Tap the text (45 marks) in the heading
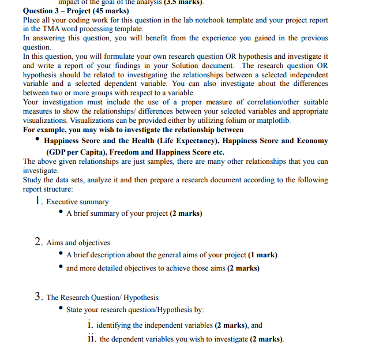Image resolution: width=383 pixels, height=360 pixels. click(113, 11)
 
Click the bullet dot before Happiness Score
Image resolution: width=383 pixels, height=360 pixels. click(37, 140)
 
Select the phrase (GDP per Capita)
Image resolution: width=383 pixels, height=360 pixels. click(78, 152)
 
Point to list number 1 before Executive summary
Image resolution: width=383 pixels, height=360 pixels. click(38, 201)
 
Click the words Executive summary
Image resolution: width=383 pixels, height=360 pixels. click(77, 202)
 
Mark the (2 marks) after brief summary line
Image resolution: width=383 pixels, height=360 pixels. click(186, 213)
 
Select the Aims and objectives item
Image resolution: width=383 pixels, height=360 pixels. click(78, 243)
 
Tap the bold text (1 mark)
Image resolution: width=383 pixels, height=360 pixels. click(262, 254)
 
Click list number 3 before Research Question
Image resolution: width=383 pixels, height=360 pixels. click(38, 297)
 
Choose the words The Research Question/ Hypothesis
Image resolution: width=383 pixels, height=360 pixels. click(103, 298)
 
